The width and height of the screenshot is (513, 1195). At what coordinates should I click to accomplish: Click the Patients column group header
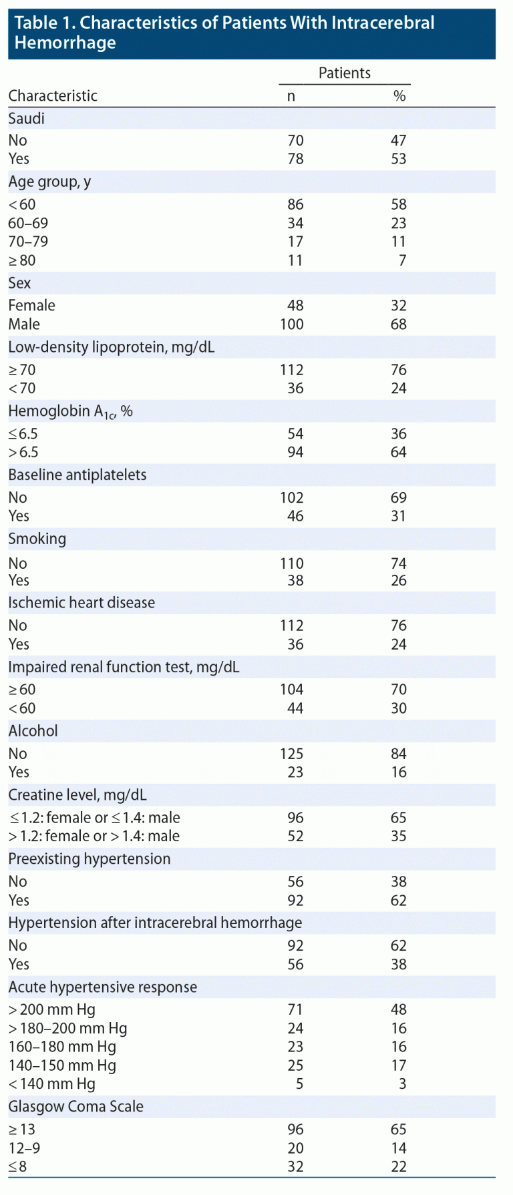point(344,73)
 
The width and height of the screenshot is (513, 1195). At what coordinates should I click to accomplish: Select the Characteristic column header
point(53,96)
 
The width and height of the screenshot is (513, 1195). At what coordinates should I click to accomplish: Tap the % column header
point(399,96)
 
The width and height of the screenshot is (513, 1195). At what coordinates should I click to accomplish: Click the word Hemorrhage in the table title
point(65,43)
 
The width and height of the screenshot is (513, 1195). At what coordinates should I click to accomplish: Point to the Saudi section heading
point(27,119)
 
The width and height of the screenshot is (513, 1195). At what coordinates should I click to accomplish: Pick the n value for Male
point(292,324)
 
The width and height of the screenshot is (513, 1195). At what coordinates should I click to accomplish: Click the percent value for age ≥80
point(402,260)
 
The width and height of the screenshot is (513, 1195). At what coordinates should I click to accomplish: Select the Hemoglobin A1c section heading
point(70,412)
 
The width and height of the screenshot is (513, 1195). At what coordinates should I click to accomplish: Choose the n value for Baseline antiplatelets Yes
point(295,516)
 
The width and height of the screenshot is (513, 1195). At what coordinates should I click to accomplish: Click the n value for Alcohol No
point(292,754)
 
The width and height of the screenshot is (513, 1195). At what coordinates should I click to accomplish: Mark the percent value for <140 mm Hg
point(402,1084)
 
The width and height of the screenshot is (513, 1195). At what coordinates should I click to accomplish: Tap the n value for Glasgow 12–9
point(295,1148)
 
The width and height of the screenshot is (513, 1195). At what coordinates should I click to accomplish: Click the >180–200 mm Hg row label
point(67,1028)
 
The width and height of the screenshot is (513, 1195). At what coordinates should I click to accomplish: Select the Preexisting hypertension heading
point(90,859)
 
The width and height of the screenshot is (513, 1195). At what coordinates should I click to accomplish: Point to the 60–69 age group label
point(28,223)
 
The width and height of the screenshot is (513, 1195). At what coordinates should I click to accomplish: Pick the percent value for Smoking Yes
point(399,581)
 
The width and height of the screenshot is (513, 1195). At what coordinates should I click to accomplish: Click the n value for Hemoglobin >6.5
point(295,453)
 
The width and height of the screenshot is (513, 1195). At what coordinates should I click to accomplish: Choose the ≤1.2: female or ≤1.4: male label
point(94,818)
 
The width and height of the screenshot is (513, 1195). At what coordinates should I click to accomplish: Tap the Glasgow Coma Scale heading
point(76,1107)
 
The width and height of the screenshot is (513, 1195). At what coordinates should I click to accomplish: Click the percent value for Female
point(399,306)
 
